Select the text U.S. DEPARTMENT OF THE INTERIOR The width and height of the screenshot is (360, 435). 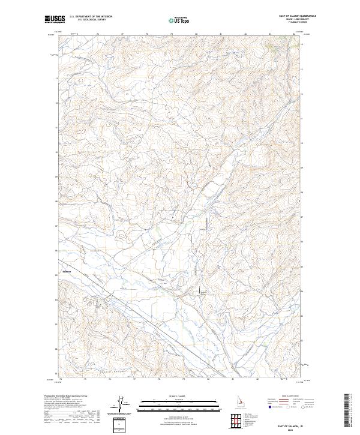91,17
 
